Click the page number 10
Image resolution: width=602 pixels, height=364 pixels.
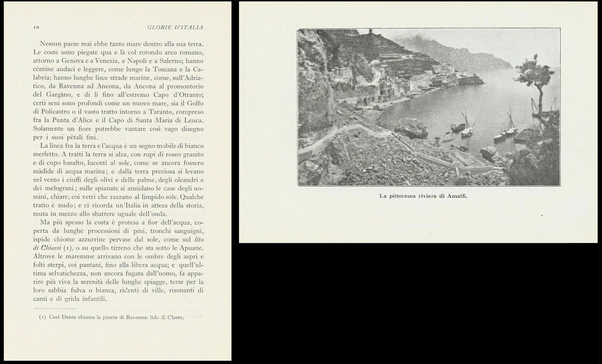tap(36, 27)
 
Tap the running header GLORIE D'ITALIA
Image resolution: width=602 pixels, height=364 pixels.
tap(175, 27)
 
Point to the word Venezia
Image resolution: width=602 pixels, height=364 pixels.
tap(105, 61)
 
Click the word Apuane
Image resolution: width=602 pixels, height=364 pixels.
tap(193, 248)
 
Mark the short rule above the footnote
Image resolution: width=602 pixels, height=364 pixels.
tap(55, 308)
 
